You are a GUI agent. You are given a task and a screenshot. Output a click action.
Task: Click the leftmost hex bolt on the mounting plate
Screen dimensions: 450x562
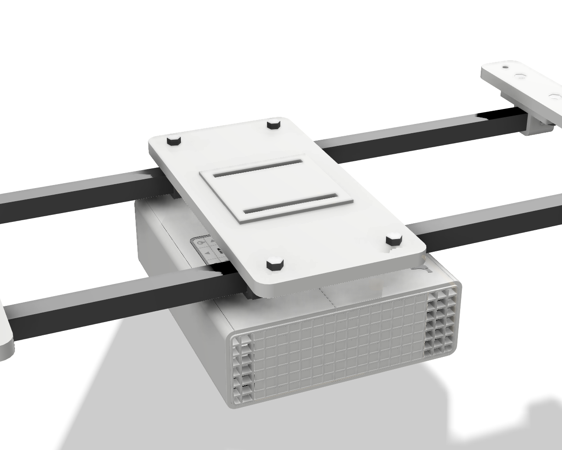(173, 141)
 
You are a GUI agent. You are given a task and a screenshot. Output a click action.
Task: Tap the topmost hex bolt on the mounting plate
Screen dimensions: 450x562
(274, 123)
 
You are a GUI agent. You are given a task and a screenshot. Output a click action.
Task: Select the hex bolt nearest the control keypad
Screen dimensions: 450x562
(274, 265)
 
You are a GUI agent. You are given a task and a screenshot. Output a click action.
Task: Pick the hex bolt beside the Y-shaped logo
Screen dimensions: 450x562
(394, 240)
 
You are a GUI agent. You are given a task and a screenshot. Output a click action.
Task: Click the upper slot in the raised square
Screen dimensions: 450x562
(259, 168)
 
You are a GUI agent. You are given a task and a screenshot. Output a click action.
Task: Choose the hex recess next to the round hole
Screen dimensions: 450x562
(521, 76)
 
